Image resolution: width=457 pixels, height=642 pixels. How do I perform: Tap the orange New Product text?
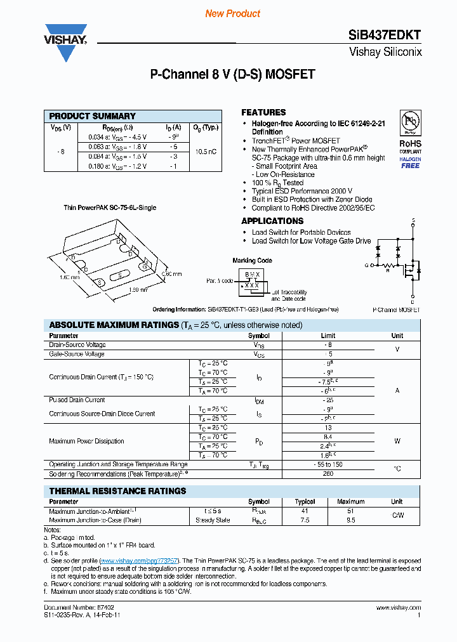[x=232, y=13]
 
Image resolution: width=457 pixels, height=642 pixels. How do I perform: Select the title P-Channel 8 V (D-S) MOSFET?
[x=232, y=74]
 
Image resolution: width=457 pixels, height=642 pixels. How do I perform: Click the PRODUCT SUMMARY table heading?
[x=93, y=116]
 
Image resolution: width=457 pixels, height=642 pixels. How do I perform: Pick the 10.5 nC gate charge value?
[x=204, y=152]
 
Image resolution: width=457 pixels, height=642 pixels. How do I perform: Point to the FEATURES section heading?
[x=263, y=112]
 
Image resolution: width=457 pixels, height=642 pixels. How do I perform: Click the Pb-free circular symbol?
[x=410, y=121]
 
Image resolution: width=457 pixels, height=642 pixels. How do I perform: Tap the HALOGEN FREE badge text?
[x=410, y=162]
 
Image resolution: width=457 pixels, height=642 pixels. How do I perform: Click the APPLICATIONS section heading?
[x=272, y=221]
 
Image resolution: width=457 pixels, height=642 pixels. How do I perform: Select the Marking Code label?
[x=252, y=261]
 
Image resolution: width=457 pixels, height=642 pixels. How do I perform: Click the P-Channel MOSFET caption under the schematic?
[x=397, y=310]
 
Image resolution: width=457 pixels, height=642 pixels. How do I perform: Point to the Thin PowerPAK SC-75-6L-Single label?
[x=109, y=207]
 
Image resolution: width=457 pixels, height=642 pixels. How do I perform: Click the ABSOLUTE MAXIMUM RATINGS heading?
[x=114, y=325]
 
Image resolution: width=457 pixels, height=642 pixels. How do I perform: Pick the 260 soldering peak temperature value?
[x=328, y=474]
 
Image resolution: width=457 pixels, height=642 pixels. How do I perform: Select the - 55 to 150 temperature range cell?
[x=328, y=465]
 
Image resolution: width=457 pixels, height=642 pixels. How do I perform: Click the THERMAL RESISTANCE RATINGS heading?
[x=118, y=491]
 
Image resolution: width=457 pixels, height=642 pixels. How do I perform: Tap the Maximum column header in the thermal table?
[x=350, y=502]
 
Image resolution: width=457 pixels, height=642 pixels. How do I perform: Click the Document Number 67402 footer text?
[x=70, y=607]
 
